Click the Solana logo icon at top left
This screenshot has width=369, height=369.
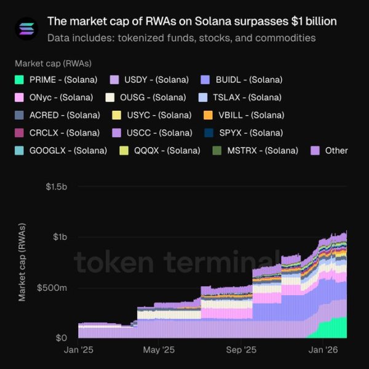click(26, 28)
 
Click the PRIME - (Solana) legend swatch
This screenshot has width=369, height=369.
click(20, 80)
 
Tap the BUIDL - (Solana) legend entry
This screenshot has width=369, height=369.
click(244, 80)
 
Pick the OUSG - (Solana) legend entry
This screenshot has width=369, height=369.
click(145, 97)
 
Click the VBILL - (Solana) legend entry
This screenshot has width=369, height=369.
click(242, 115)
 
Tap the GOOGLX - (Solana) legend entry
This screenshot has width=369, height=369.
click(61, 151)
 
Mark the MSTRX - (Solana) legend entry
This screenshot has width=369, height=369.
click(256, 151)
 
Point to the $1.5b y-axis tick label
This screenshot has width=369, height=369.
click(57, 187)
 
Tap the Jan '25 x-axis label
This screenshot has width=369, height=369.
click(79, 350)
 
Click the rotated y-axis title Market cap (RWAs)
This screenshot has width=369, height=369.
click(23, 262)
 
